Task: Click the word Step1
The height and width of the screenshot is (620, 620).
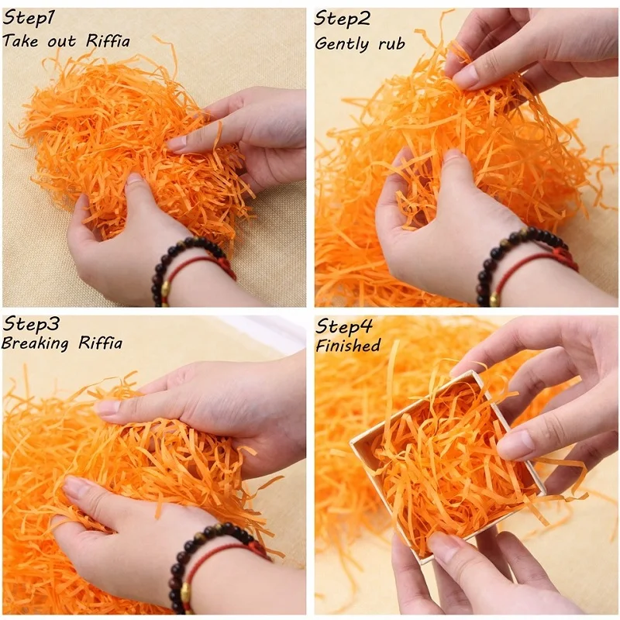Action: pyautogui.click(x=29, y=19)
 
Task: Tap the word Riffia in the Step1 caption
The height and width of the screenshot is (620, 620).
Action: pyautogui.click(x=108, y=41)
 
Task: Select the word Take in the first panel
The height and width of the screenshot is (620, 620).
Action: pyautogui.click(x=22, y=41)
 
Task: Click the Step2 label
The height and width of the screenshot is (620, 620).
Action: pyautogui.click(x=343, y=18)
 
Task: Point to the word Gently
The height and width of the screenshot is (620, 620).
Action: pyautogui.click(x=343, y=44)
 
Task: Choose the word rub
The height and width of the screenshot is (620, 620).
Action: pyautogui.click(x=391, y=43)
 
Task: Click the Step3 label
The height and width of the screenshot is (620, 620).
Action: pyautogui.click(x=31, y=324)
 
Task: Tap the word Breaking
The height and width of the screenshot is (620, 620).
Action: pyautogui.click(x=35, y=343)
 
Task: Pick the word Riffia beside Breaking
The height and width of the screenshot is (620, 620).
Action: pyautogui.click(x=100, y=343)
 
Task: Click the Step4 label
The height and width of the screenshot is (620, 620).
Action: pyautogui.click(x=344, y=326)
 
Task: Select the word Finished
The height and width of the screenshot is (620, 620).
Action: pyautogui.click(x=348, y=345)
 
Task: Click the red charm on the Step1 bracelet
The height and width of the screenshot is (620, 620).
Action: pyautogui.click(x=224, y=264)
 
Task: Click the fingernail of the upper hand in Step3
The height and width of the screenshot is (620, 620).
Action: pyautogui.click(x=106, y=407)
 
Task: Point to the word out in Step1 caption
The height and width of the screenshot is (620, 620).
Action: pyautogui.click(x=61, y=42)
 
